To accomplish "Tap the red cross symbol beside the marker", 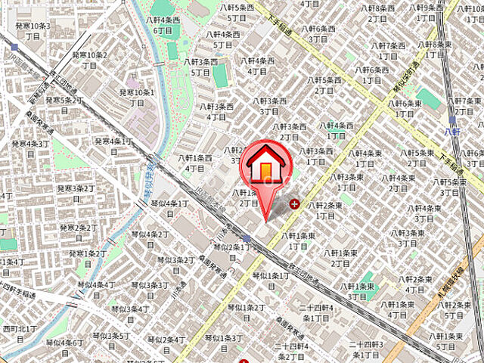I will [x=294, y=203].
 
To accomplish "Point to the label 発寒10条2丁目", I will [x=89, y=60].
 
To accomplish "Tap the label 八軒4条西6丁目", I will [x=166, y=25].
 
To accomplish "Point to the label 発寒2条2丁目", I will [x=78, y=232].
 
